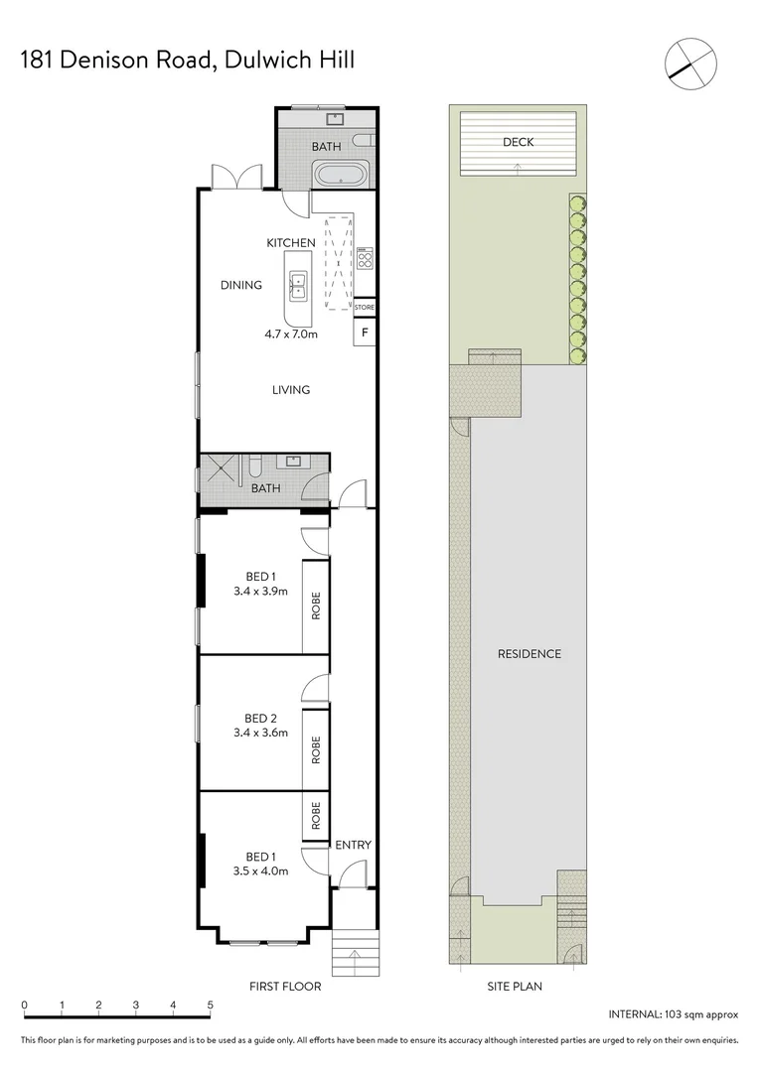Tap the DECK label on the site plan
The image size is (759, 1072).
click(518, 142)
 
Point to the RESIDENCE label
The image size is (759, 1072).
click(530, 654)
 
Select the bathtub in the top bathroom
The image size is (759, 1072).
click(342, 176)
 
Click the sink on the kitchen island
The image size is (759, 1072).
click(298, 286)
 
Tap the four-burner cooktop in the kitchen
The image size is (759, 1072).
click(365, 262)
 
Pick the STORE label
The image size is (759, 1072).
click(364, 309)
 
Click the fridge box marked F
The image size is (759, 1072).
click(365, 332)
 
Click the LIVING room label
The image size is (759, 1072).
click(291, 390)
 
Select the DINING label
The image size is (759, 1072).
click(241, 286)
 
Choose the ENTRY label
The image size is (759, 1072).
click(353, 846)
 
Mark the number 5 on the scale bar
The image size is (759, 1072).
click(210, 1005)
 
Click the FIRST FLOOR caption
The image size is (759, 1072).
click(287, 987)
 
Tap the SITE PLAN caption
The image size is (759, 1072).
click(515, 987)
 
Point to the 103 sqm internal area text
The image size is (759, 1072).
click(674, 1014)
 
